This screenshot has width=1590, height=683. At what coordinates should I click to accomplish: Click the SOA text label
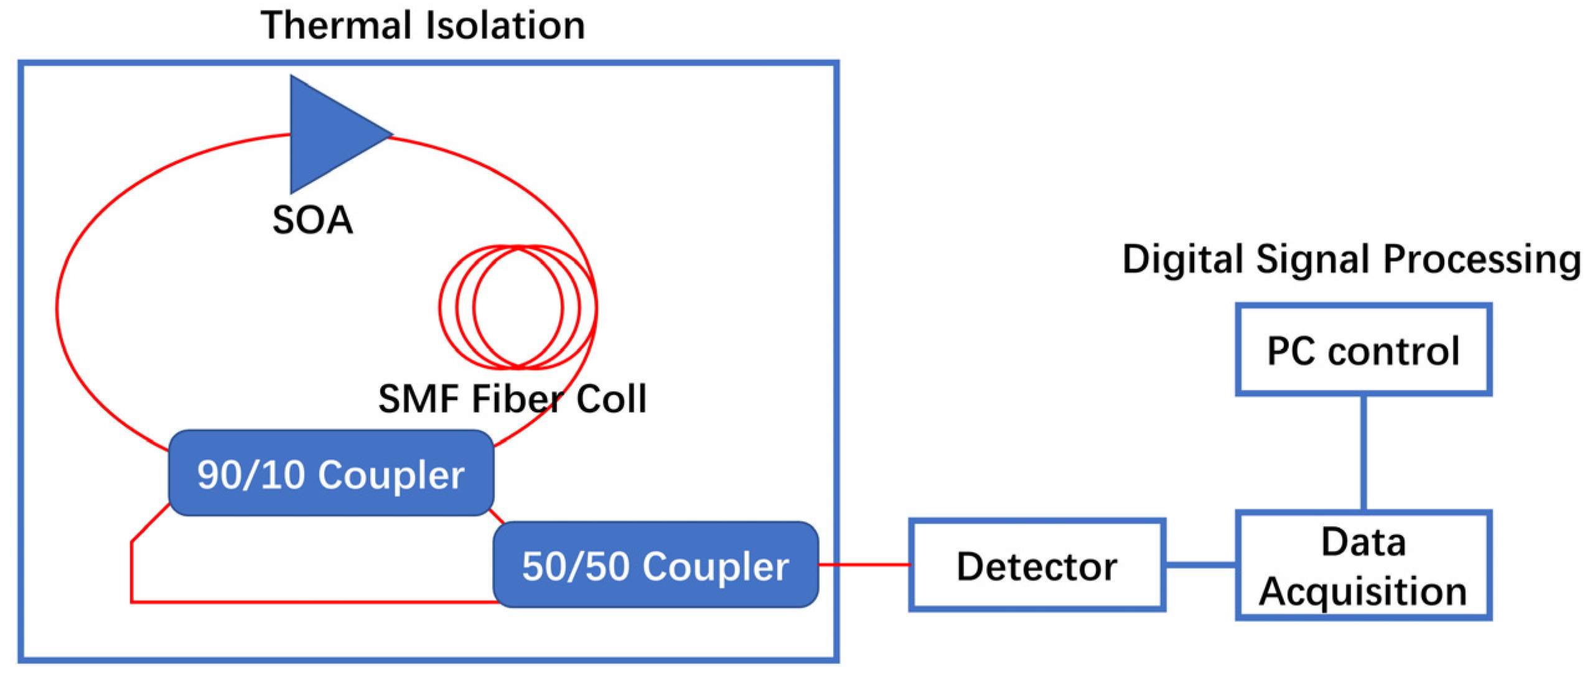coord(312,220)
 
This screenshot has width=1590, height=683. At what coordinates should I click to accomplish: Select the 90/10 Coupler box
coord(331,473)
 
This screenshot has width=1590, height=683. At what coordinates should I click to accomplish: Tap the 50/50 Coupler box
coord(655,565)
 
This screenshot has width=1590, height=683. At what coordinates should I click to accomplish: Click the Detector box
coord(1036,565)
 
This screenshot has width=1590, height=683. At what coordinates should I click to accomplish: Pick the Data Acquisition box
coord(1363,565)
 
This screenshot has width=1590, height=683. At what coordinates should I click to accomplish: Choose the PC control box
coord(1363,350)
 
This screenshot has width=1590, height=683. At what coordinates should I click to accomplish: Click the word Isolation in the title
coord(505,26)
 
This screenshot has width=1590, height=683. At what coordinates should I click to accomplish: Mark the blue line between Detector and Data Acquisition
coord(1200,565)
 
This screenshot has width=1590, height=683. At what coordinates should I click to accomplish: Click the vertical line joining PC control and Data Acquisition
coord(1363,453)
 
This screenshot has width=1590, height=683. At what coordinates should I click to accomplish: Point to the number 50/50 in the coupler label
coord(575,567)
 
